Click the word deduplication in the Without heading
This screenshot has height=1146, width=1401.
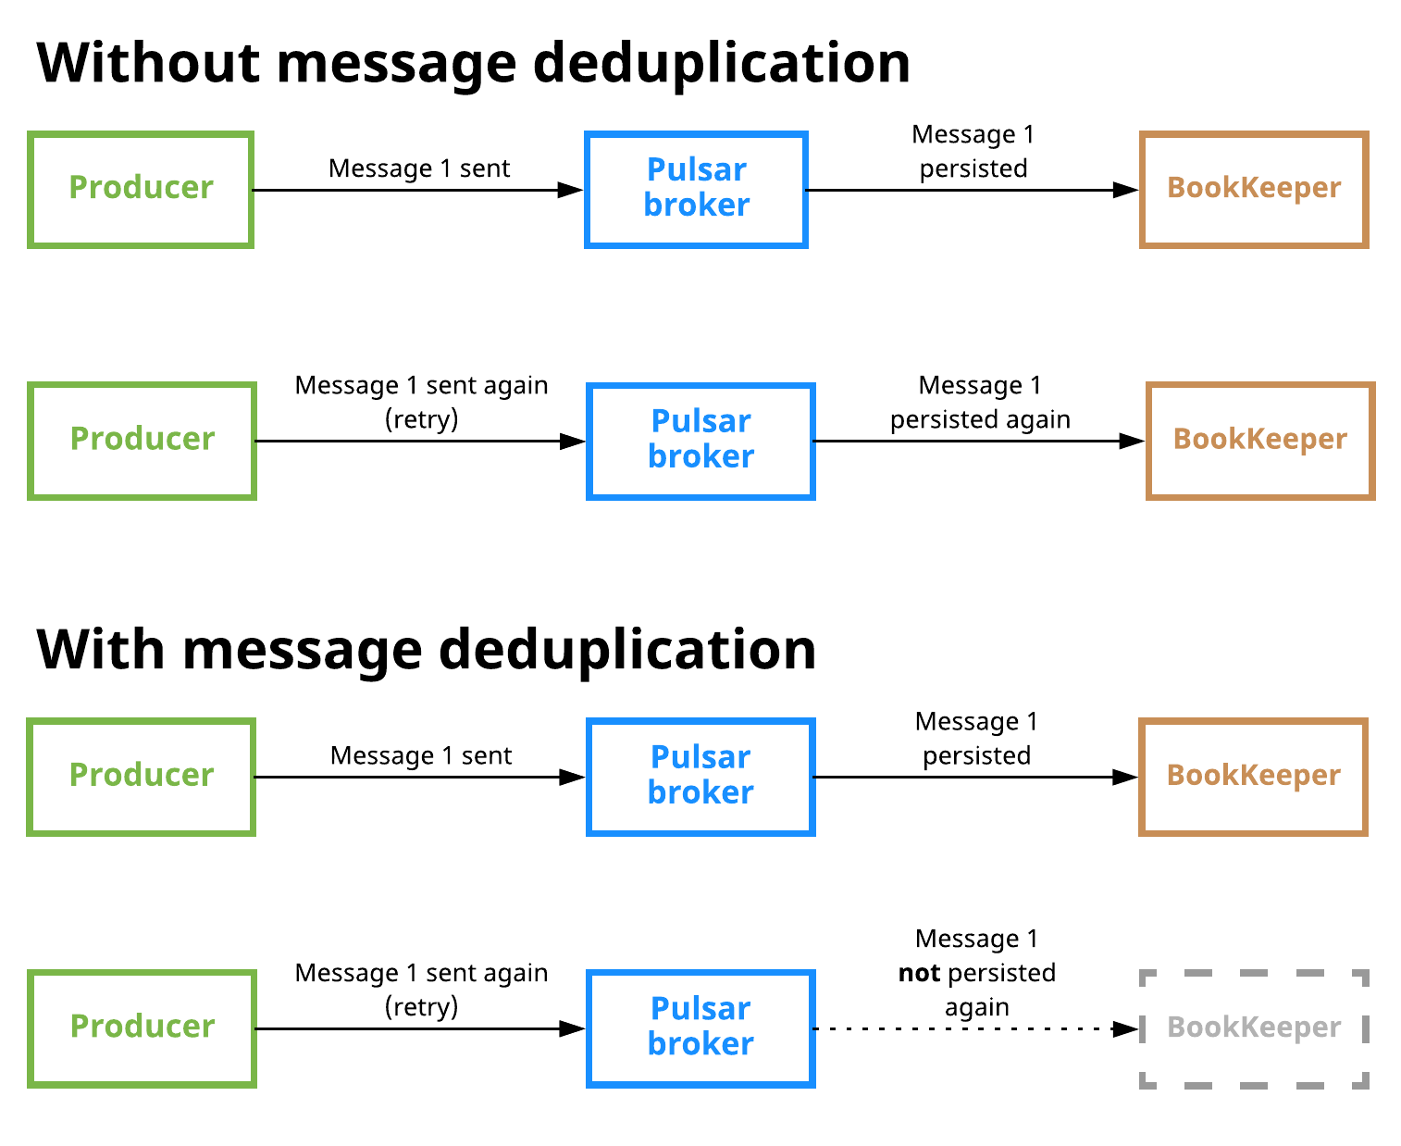[721, 63]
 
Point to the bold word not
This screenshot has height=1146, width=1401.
[919, 973]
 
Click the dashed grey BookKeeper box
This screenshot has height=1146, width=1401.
[1254, 1028]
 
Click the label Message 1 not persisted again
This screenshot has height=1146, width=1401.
[977, 973]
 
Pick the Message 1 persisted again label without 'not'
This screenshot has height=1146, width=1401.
[980, 403]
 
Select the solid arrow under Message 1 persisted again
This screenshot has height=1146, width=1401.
[972, 442]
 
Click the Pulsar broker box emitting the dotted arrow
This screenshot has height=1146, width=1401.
[700, 1028]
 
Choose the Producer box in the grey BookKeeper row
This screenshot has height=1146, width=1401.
[142, 1028]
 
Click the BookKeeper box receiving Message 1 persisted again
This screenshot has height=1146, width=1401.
[1260, 441]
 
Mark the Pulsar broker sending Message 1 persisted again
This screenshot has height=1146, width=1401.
[700, 441]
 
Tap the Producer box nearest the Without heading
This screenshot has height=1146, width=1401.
[141, 190]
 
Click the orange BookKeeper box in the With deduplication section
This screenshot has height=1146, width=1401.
[1253, 777]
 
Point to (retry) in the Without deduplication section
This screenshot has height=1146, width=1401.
[421, 419]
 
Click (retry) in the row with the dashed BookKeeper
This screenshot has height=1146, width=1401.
[421, 1007]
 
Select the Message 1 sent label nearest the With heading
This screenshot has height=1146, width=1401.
[421, 756]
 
